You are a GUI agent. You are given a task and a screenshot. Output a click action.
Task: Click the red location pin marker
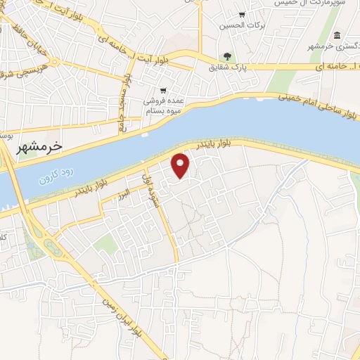(181, 165)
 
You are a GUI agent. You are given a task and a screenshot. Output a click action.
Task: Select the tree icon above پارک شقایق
(227, 56)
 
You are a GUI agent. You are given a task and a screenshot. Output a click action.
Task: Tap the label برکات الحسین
(236, 26)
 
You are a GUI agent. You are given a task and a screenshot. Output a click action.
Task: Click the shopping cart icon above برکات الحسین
(242, 14)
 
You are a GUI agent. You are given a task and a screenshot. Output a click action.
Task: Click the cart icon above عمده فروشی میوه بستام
(163, 91)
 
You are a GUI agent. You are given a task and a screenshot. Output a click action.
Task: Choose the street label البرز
(124, 191)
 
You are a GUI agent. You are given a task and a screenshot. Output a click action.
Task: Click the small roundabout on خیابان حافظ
(54, 62)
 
